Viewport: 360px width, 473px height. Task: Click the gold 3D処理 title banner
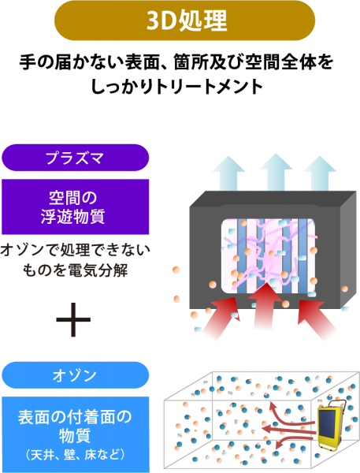tap(184, 20)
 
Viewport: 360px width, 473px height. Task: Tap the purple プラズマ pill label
tap(76, 158)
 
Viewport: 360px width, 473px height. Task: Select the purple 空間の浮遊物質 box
tap(76, 207)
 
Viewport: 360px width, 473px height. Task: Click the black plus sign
tap(73, 319)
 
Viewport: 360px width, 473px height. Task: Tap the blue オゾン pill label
tap(76, 375)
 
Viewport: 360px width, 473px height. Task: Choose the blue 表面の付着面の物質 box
tap(76, 434)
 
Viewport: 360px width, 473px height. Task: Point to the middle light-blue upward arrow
tap(276, 173)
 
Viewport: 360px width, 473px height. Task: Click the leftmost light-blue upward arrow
tap(228, 173)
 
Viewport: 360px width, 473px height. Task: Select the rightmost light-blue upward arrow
tap(320, 173)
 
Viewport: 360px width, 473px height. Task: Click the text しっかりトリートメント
tap(177, 87)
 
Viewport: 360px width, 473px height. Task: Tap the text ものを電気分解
tap(76, 270)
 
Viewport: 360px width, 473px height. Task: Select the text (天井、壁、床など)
tap(76, 455)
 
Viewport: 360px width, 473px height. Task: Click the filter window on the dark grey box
tap(269, 256)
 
